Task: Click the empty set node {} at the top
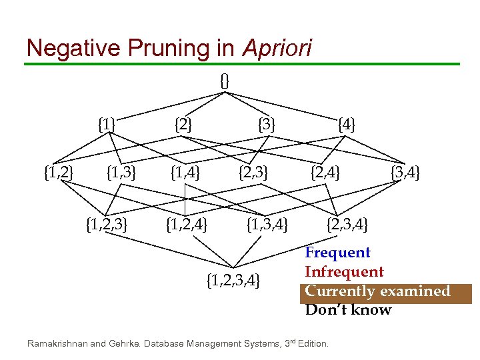225,81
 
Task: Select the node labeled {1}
106,124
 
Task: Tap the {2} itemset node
183,124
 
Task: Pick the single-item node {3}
267,124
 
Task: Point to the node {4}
347,124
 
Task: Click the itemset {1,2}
58,175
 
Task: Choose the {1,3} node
121,175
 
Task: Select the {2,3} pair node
253,175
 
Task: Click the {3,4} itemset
404,175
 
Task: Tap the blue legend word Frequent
337,253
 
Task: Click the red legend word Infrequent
344,272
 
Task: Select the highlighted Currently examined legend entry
378,291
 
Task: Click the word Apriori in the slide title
277,47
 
